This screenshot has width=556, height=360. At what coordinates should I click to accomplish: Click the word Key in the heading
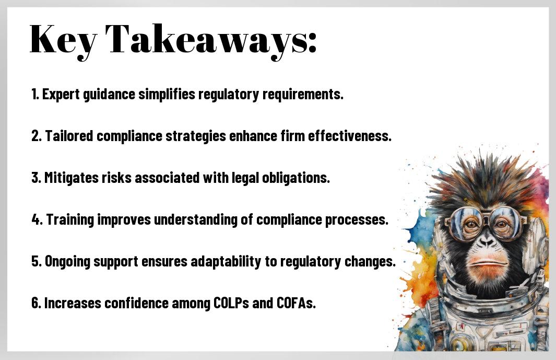tap(63, 40)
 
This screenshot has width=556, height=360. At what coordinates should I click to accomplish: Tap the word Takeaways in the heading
tap(210, 40)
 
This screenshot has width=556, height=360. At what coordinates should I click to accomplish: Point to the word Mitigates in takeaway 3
tap(72, 178)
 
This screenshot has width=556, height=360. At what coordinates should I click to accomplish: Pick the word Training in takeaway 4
tap(70, 220)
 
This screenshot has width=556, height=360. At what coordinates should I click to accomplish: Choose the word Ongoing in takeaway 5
tap(67, 262)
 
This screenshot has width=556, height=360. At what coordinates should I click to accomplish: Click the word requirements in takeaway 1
tap(303, 95)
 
